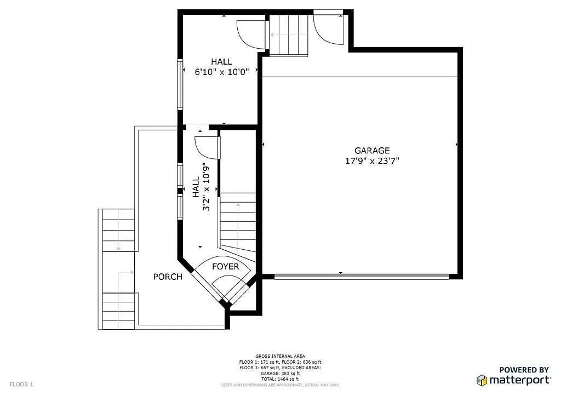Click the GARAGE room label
(372, 151)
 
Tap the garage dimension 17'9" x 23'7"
(372, 161)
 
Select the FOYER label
(226, 267)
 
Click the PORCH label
(168, 277)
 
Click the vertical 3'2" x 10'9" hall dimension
(201, 187)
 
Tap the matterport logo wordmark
(519, 380)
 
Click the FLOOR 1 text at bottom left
(21, 384)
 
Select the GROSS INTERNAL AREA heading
(280, 356)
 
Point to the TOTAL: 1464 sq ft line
(280, 379)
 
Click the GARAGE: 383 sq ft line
(280, 374)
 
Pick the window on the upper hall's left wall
(179, 84)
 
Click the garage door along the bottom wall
(362, 277)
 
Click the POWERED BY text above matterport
(523, 370)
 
